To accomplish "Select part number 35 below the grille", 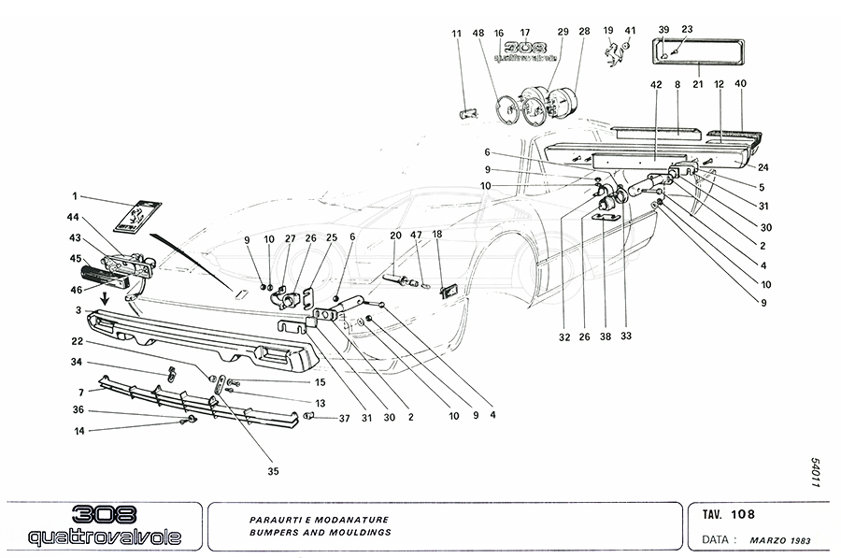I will tap(274, 471).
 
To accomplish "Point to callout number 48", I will tap(478, 33).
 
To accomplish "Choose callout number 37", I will tap(344, 419).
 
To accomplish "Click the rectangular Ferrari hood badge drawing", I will tap(132, 218).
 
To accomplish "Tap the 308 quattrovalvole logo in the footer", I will tap(107, 526).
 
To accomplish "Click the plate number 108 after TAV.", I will tap(744, 513).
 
